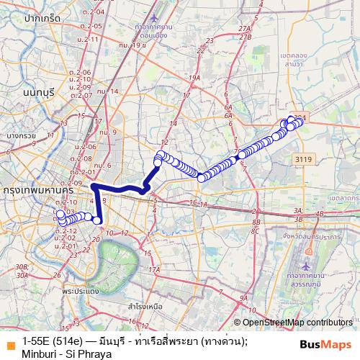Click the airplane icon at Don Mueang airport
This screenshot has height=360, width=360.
pos(158,15)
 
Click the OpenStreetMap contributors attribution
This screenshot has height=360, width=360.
pos(297,323)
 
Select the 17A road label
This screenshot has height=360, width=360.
pos(153,270)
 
